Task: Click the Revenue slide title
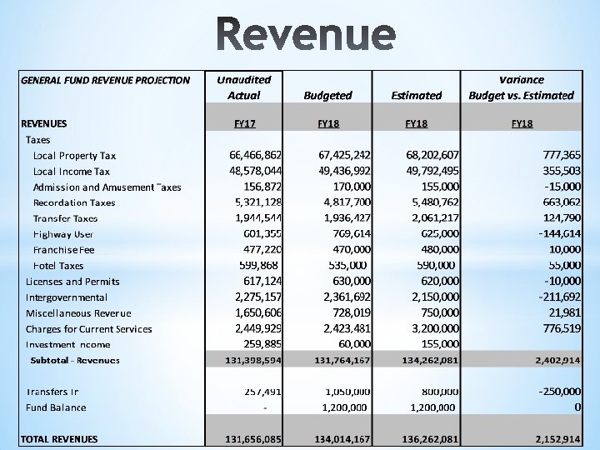[x=300, y=34]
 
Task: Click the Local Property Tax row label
[x=74, y=156]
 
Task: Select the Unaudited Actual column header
[x=243, y=87]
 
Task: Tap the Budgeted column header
[x=327, y=96]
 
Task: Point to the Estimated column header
[x=416, y=96]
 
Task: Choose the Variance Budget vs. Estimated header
[x=521, y=87]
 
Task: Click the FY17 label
[x=244, y=124]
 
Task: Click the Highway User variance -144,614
[x=549, y=234]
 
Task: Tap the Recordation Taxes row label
[x=74, y=202]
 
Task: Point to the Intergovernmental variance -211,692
[x=549, y=297]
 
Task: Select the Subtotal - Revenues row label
[x=74, y=360]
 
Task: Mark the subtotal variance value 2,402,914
[x=546, y=360]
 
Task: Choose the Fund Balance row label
[x=56, y=407]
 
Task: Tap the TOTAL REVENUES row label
[x=59, y=439]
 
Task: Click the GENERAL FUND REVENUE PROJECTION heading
[x=105, y=81]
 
